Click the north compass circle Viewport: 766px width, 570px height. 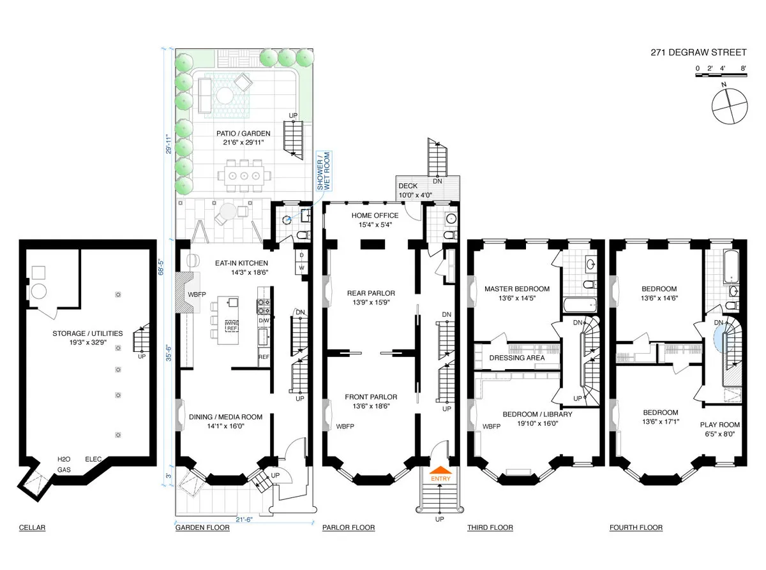tap(728, 106)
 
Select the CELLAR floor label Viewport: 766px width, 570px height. tap(32, 528)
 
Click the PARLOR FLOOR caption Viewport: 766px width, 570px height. tap(349, 528)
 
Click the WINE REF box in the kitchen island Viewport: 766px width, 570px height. tap(232, 326)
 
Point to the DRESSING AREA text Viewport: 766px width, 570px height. tap(516, 358)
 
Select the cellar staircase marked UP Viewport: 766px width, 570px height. tap(141, 340)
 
